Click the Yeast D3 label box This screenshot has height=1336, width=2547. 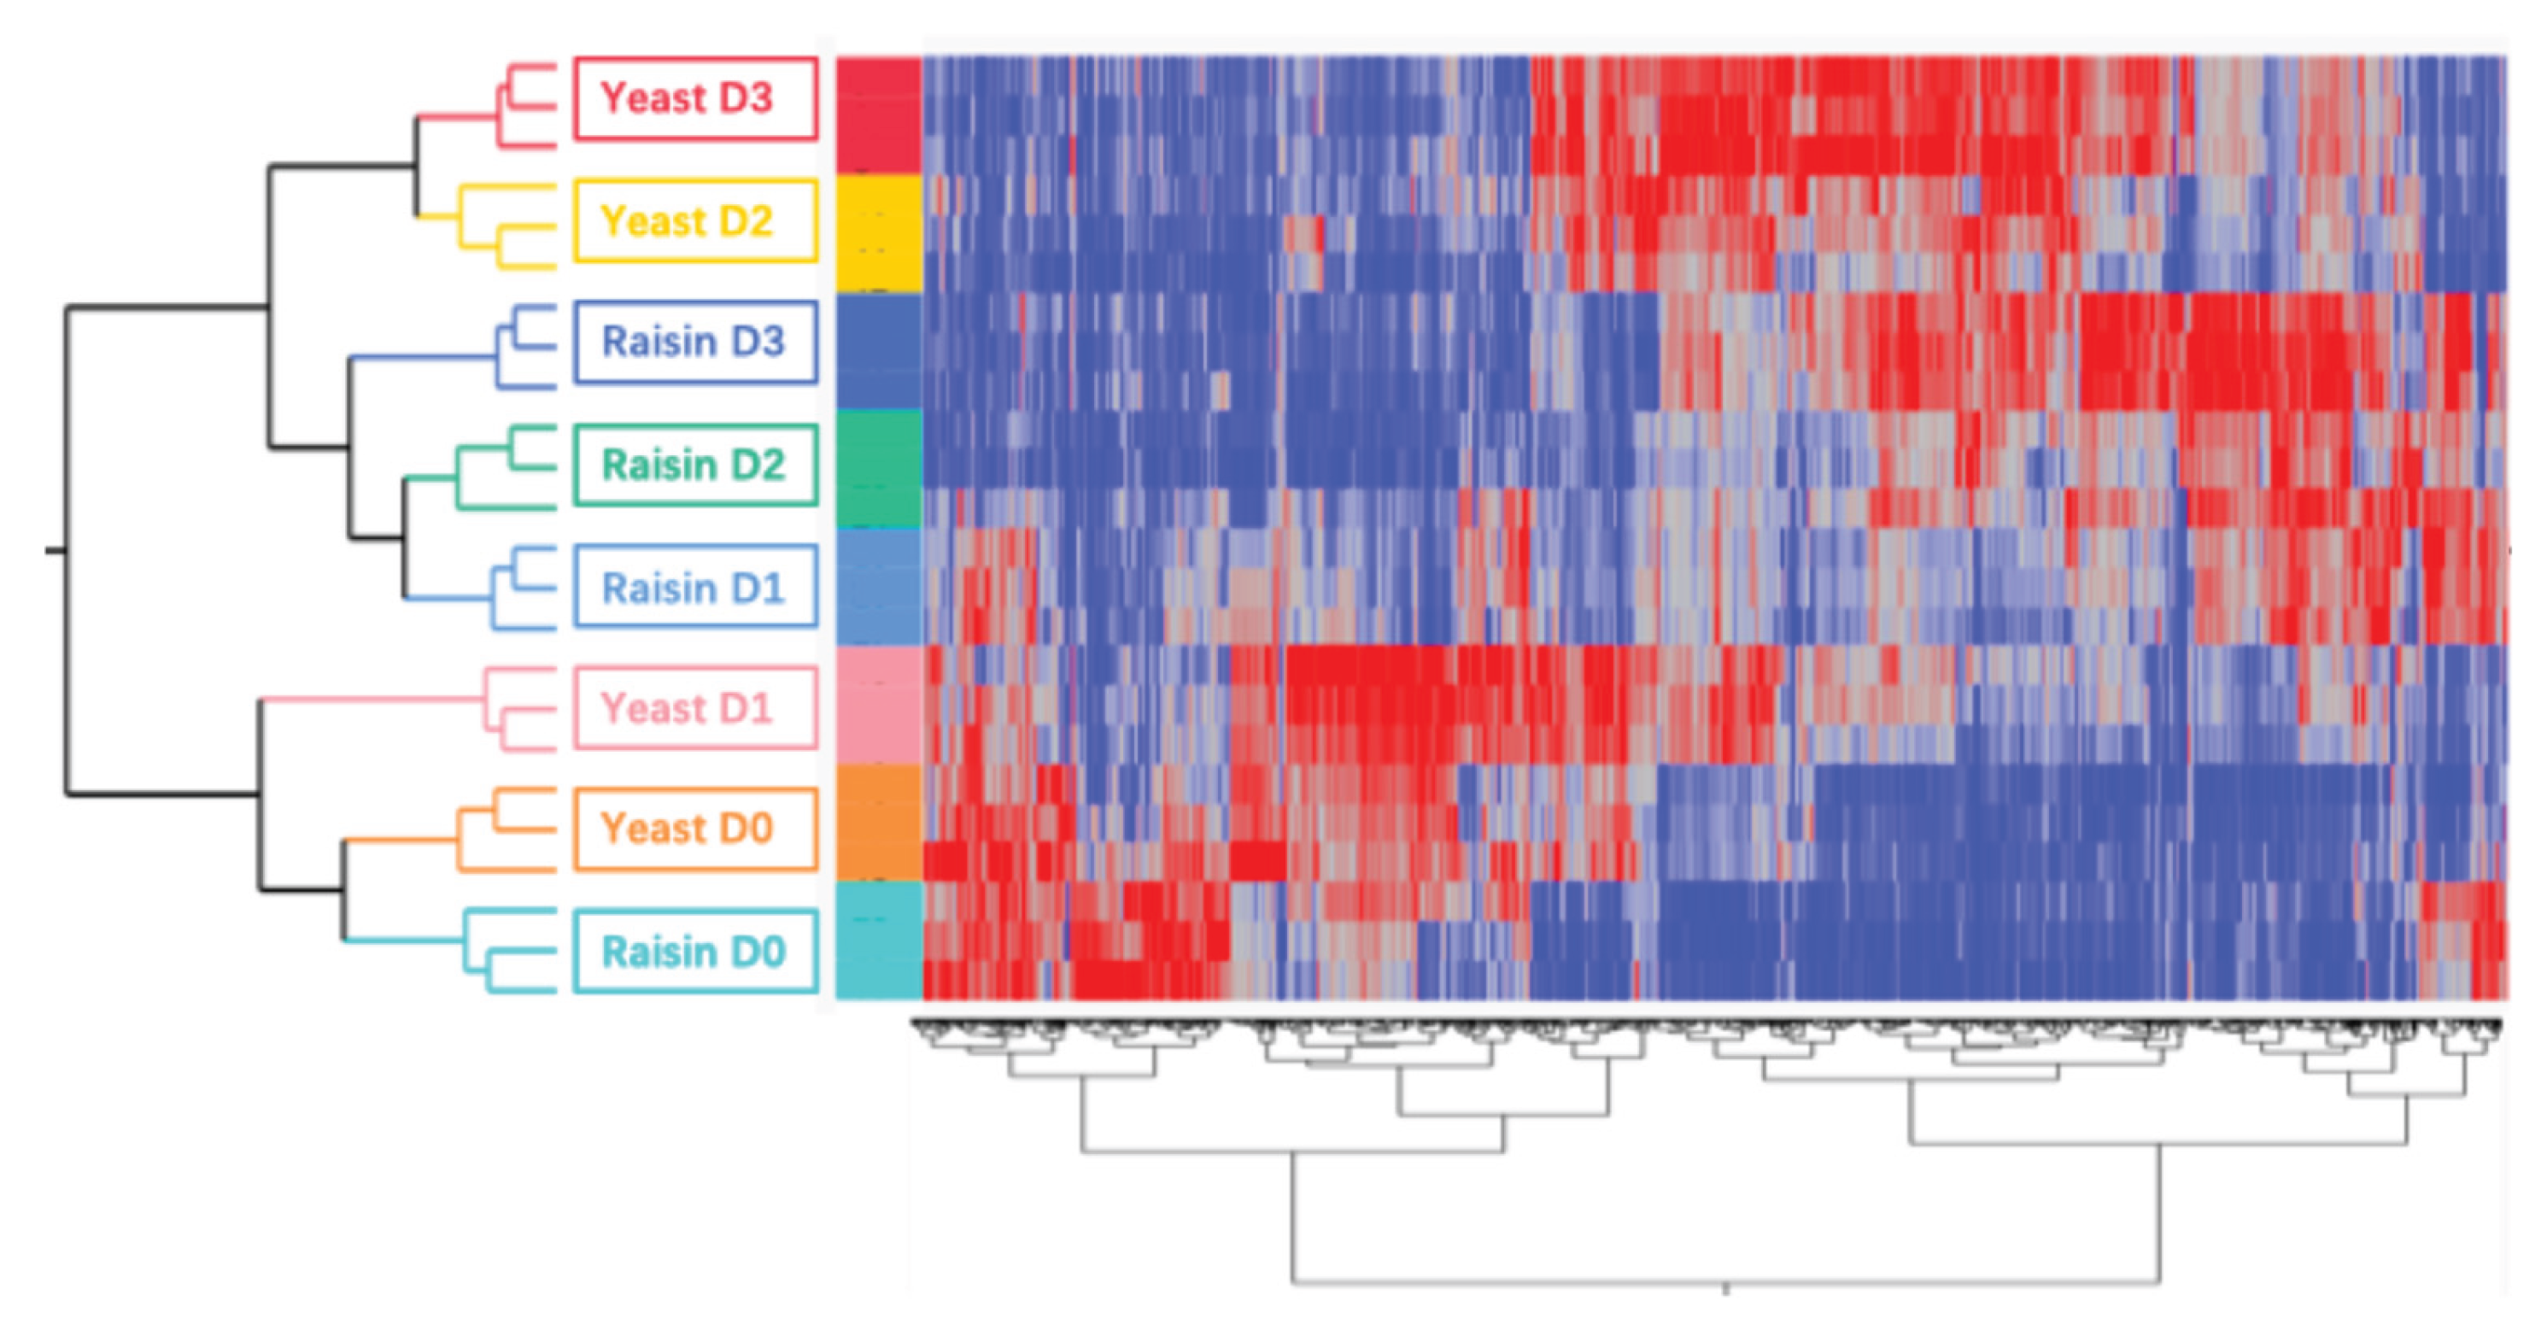click(x=695, y=99)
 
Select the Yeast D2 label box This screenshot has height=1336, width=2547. click(x=695, y=220)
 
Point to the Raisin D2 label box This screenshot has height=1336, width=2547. click(x=695, y=465)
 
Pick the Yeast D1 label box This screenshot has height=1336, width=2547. click(x=695, y=708)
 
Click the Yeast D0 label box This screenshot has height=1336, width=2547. click(x=695, y=829)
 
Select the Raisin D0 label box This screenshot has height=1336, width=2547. click(x=695, y=952)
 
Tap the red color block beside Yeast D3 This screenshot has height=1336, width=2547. click(x=878, y=114)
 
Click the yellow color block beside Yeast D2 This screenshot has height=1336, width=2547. click(x=878, y=233)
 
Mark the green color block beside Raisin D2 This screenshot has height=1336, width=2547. click(x=878, y=469)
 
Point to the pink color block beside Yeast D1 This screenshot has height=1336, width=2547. click(x=878, y=704)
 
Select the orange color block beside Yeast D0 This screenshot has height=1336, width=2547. click(x=878, y=822)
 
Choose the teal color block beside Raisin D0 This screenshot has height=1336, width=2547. click(x=878, y=940)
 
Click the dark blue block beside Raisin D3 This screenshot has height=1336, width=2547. click(x=878, y=351)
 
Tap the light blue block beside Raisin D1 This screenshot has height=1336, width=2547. click(x=878, y=586)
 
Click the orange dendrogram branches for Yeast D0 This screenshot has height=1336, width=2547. click(x=458, y=841)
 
